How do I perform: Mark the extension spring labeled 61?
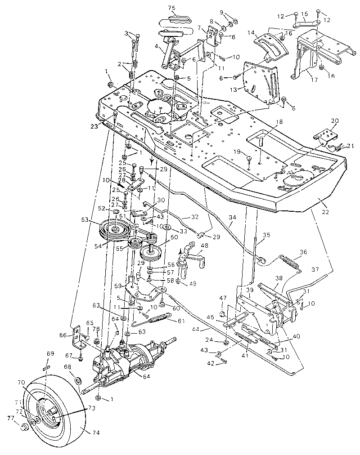coord(156,319)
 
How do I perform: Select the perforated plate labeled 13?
coord(259,83)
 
